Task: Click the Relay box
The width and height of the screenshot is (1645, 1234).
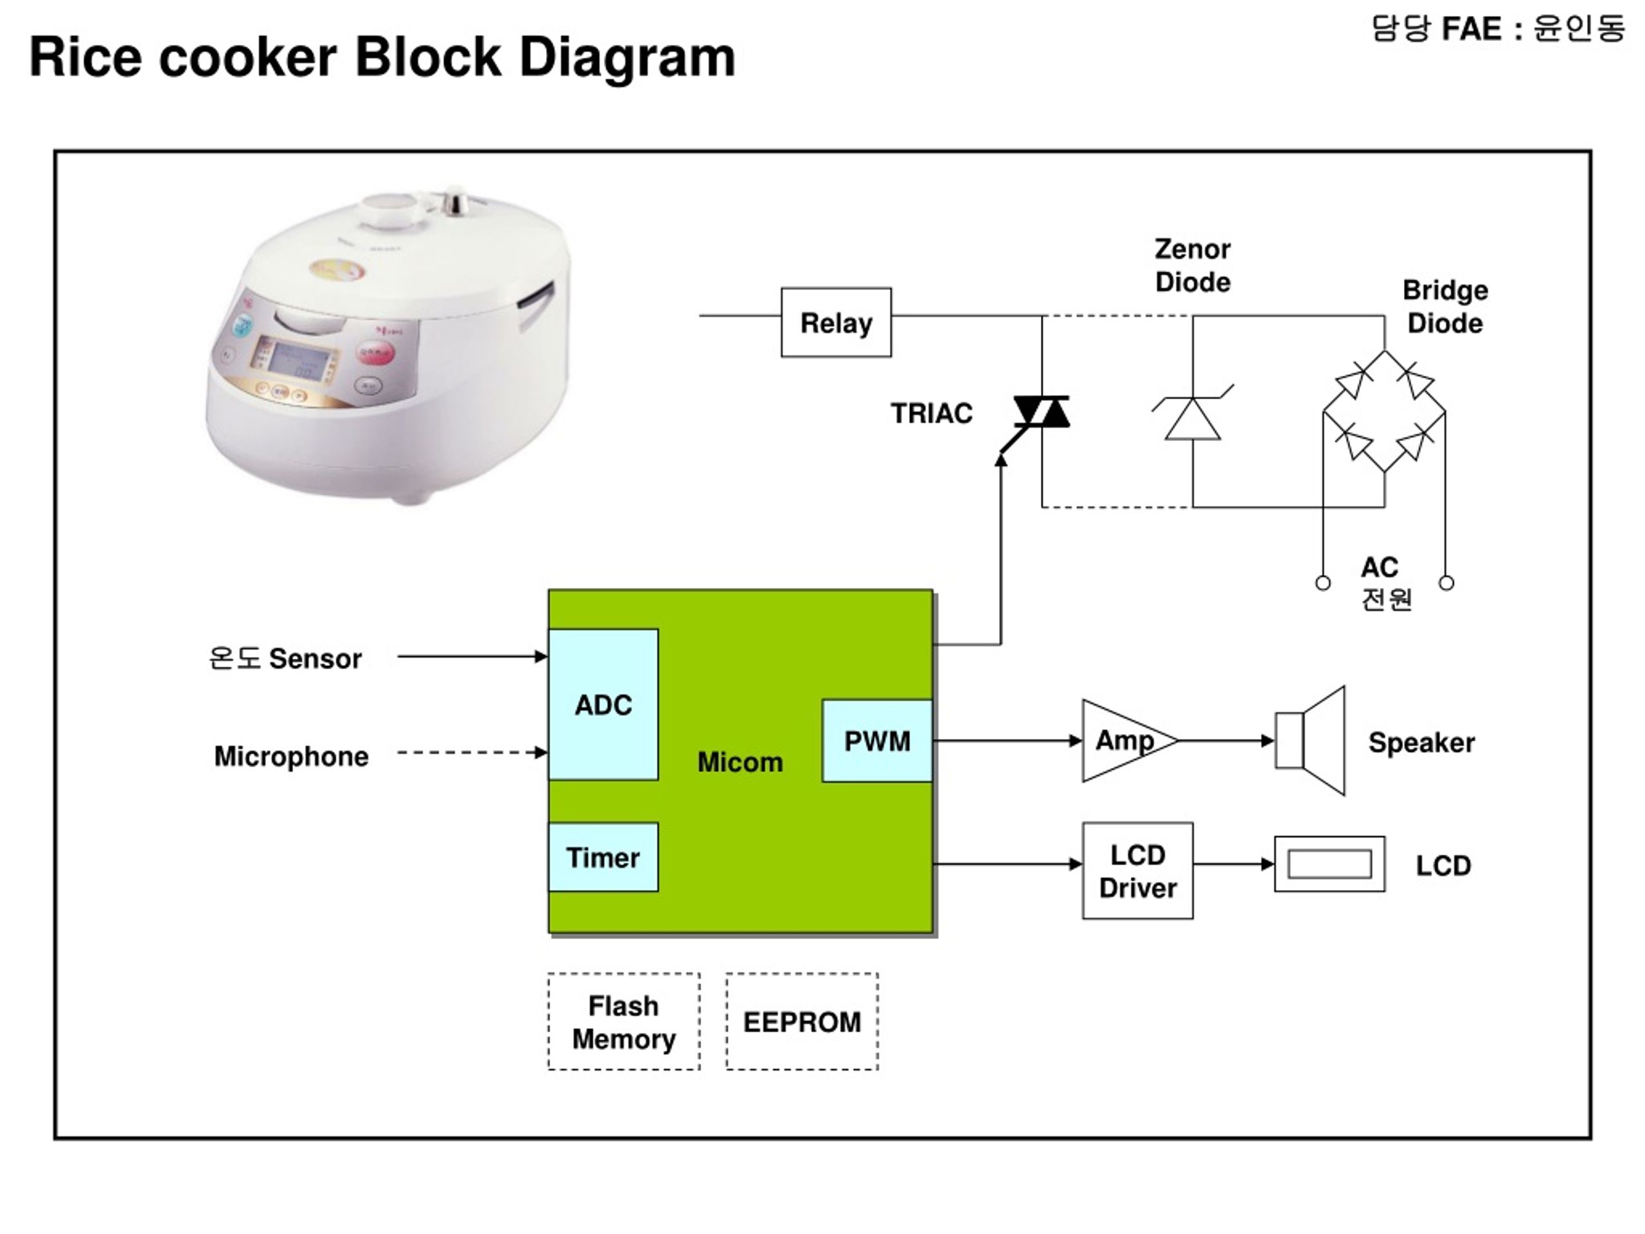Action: point(836,322)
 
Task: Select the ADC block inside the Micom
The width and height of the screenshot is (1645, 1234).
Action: point(603,704)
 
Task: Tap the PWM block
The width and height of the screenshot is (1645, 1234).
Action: point(876,741)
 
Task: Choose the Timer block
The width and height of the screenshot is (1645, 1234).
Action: point(603,857)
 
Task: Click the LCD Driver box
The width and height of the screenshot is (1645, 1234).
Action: point(1138,871)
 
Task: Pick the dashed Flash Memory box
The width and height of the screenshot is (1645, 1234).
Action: point(624,1022)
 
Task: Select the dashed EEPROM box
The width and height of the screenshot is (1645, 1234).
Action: point(803,1022)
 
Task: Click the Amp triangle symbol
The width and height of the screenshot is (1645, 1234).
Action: point(1130,741)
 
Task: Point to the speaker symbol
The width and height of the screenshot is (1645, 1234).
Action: point(1310,741)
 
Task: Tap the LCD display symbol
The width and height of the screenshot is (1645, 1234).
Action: point(1329,864)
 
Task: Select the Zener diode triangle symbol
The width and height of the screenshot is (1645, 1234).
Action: point(1193,419)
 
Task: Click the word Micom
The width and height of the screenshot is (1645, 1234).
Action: point(740,762)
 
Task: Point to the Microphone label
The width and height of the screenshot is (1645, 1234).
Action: point(292,756)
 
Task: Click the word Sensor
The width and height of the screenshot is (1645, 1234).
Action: point(316,659)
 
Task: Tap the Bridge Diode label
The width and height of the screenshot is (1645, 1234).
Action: point(1445,307)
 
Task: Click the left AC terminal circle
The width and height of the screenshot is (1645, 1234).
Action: point(1323,583)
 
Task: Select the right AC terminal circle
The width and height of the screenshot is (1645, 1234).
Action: point(1446,583)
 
